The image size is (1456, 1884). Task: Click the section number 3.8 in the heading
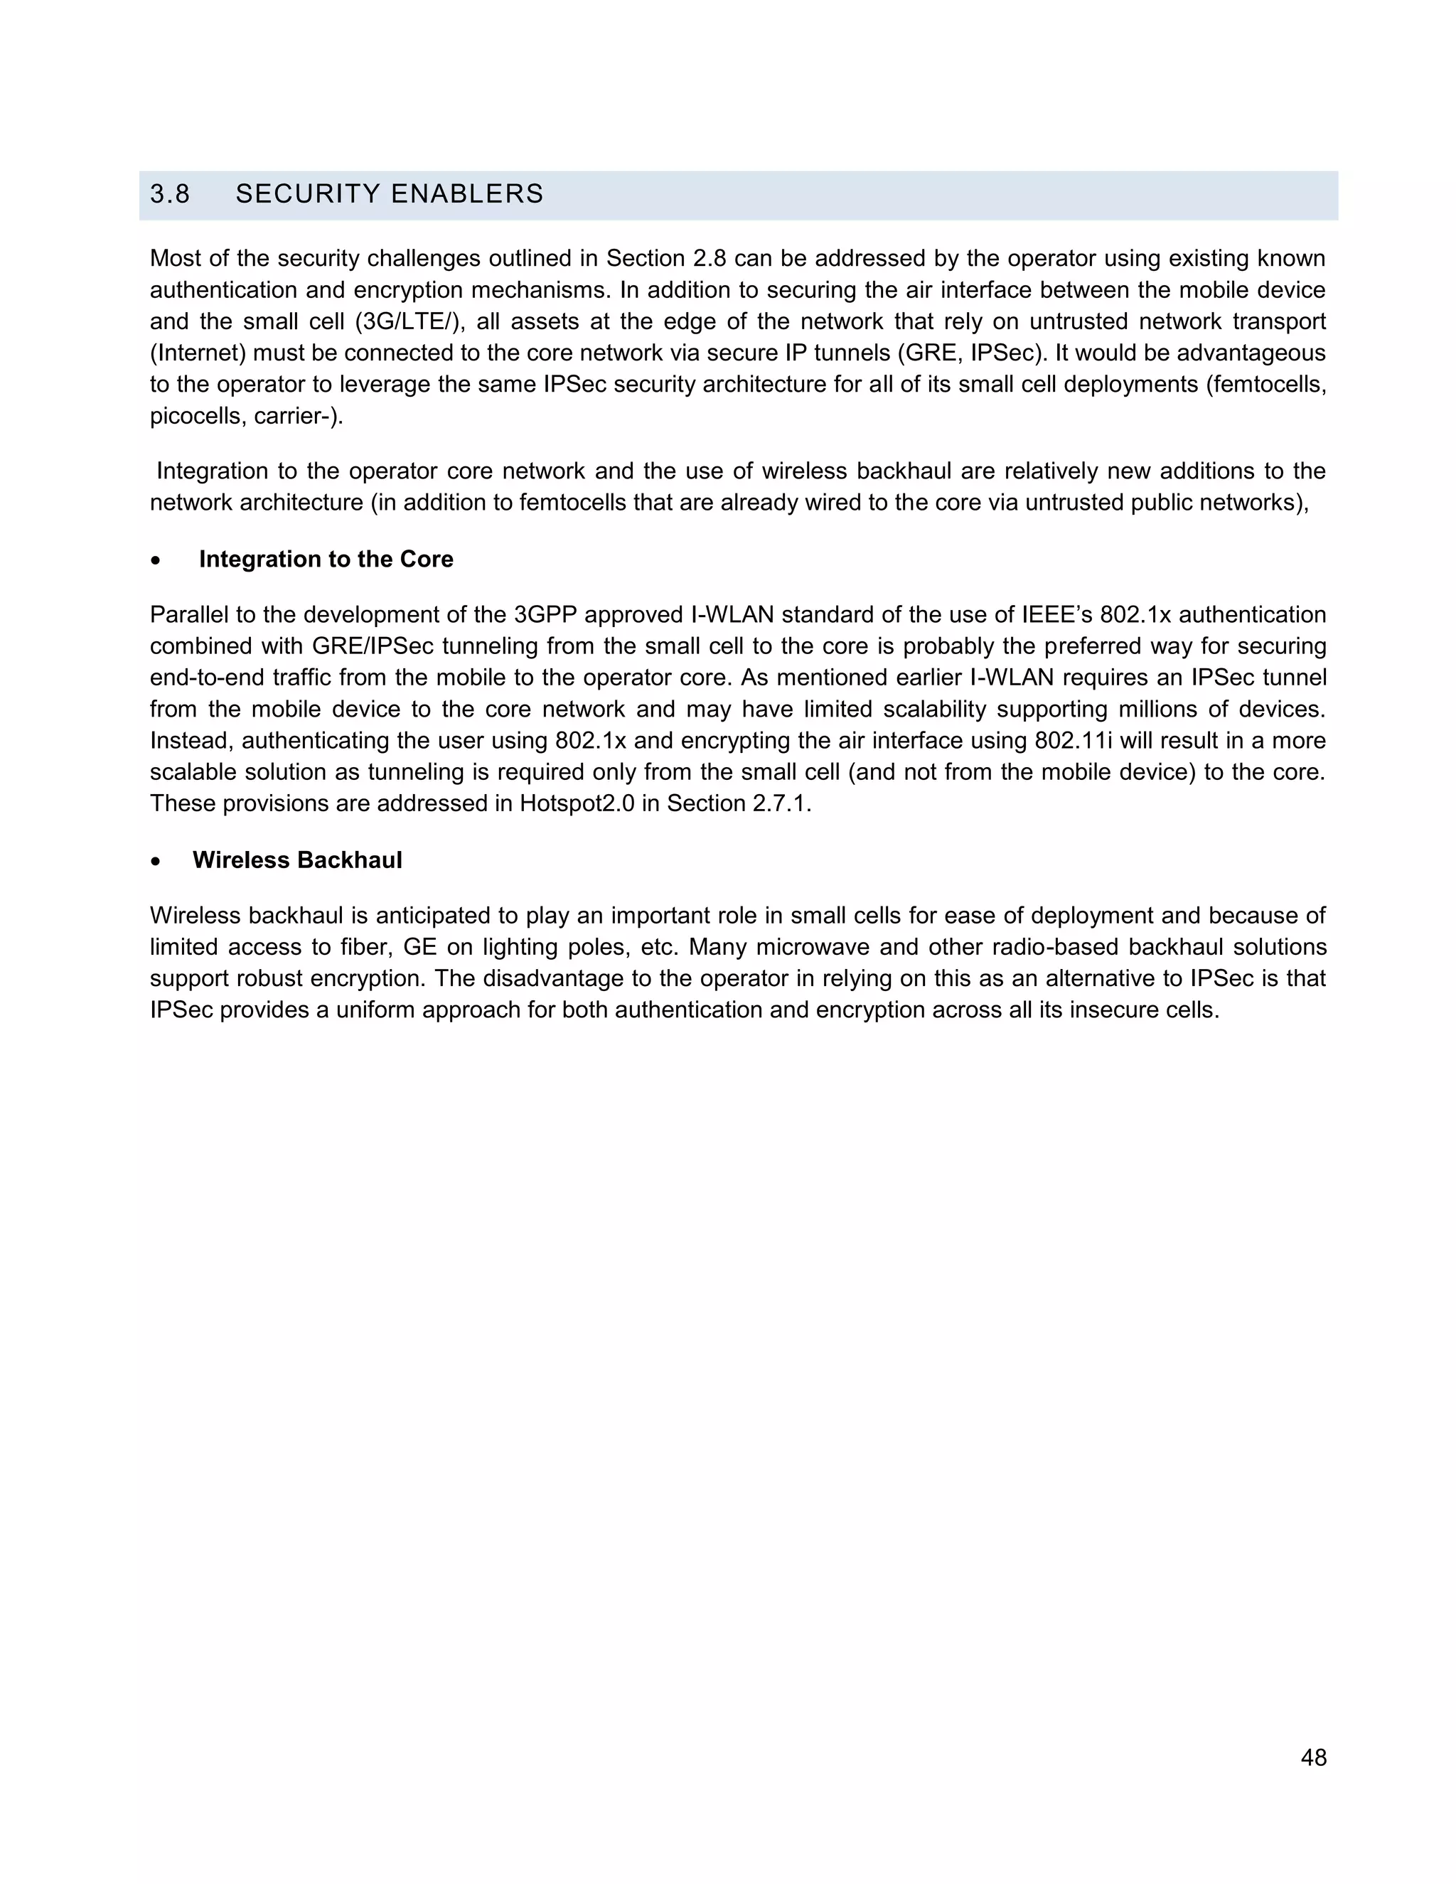click(170, 194)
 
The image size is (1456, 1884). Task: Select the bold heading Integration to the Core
click(326, 559)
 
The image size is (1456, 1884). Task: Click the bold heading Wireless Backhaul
click(298, 860)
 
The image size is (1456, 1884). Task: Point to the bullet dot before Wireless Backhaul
click(155, 862)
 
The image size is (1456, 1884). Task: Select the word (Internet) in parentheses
click(198, 353)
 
